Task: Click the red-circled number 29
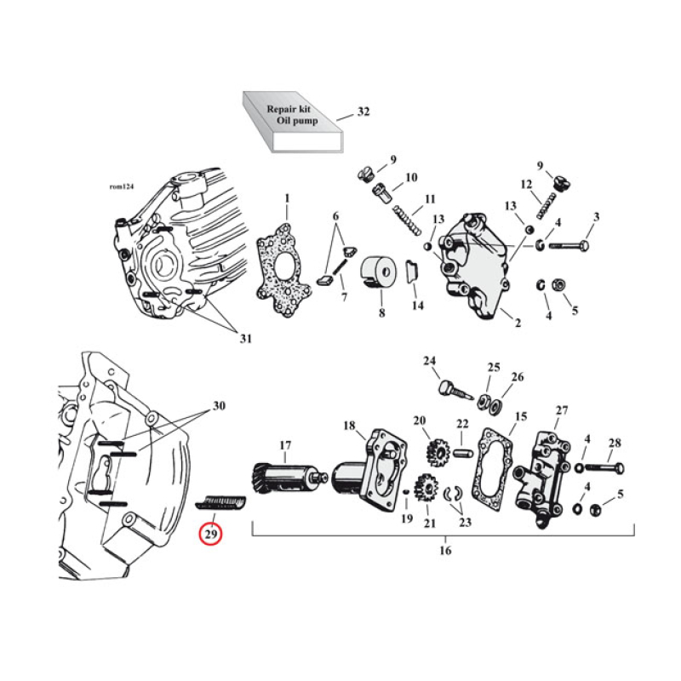[x=209, y=535]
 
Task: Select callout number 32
[x=363, y=112]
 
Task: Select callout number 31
[x=244, y=339]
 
